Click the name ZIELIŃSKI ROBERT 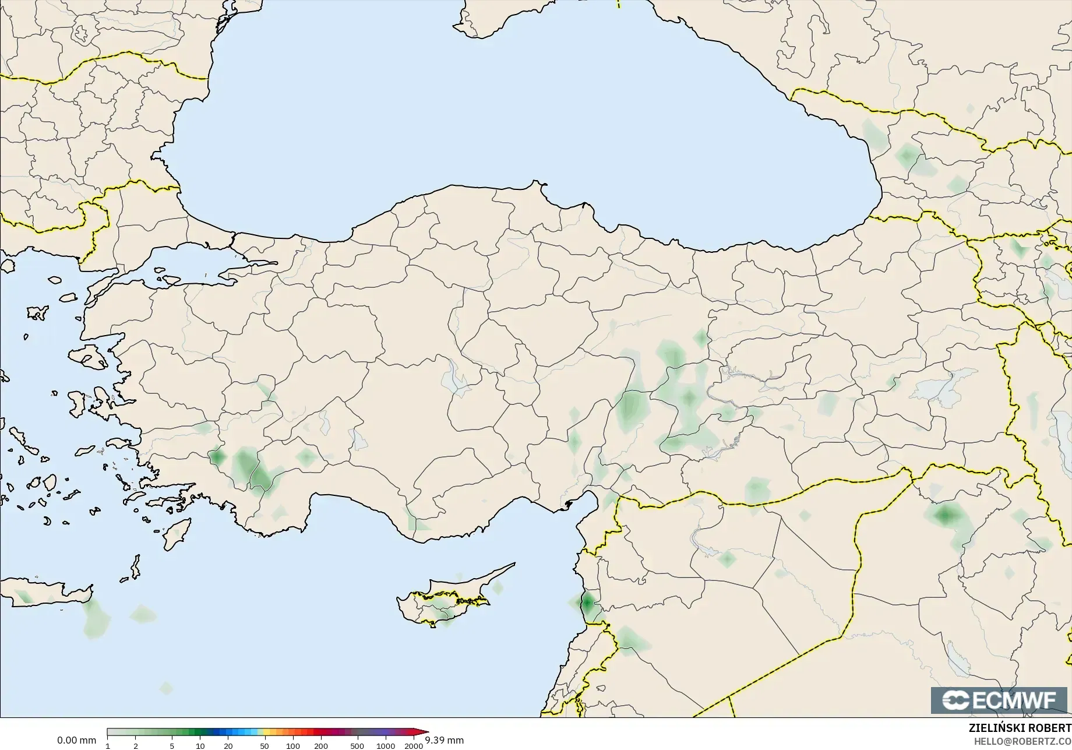1020,728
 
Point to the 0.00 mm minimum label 76,740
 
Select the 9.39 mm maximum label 445,740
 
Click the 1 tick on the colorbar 108,745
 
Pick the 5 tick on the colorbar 172,745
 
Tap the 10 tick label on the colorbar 200,745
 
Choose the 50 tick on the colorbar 265,745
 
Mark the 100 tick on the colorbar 292,745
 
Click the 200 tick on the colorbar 321,745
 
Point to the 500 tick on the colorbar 357,745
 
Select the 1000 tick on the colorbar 386,745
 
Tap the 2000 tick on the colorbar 414,745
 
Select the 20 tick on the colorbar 228,745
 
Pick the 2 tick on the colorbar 136,745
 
